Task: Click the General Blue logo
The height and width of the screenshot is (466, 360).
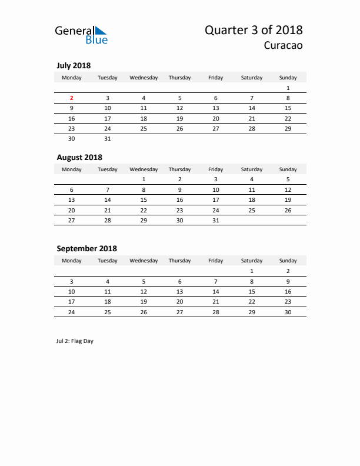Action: [x=81, y=35]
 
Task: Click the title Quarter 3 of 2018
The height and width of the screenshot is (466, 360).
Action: [x=254, y=30]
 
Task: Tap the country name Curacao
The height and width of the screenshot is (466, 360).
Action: [x=283, y=46]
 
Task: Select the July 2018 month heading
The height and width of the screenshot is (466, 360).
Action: [x=74, y=65]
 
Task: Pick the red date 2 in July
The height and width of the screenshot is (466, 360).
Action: [x=72, y=98]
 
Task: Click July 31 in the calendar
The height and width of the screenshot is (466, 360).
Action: [x=108, y=138]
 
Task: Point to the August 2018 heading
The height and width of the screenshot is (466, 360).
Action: [x=79, y=157]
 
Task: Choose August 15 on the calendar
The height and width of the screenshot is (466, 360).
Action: [x=144, y=199]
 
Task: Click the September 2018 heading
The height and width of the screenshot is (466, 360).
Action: [x=86, y=248]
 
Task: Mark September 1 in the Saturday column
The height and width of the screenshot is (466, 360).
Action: [x=252, y=271]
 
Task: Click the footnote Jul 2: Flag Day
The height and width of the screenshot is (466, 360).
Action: [x=75, y=341]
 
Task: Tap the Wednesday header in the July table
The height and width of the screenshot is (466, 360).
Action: [x=144, y=78]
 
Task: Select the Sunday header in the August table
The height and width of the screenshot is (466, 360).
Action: [x=288, y=169]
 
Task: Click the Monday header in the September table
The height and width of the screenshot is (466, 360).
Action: [x=72, y=261]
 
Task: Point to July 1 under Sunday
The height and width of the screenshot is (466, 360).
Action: [x=288, y=88]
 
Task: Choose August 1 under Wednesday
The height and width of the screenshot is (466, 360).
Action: [x=144, y=179]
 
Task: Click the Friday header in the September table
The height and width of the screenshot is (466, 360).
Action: [x=216, y=261]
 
